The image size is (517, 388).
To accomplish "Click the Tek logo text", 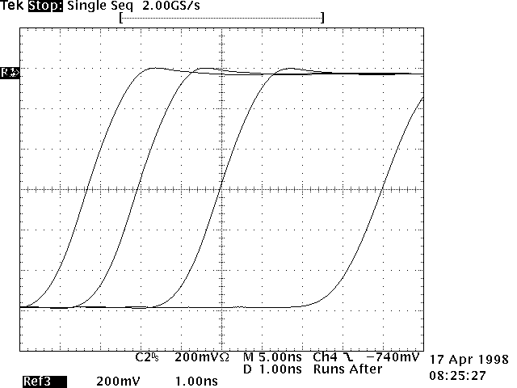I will (13, 6).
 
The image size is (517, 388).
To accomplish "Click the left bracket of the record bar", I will (121, 17).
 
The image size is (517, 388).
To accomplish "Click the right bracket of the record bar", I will (322, 17).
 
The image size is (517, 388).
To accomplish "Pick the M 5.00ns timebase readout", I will (271, 356).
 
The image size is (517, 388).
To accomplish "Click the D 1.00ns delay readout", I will (271, 369).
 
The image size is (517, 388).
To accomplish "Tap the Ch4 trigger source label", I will (326, 356).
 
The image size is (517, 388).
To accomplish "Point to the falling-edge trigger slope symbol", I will (347, 356).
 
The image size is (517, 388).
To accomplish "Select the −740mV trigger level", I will (393, 356).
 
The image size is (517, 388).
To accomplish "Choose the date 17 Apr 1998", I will (469, 359).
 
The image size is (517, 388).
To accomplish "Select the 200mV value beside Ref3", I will (114, 381).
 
